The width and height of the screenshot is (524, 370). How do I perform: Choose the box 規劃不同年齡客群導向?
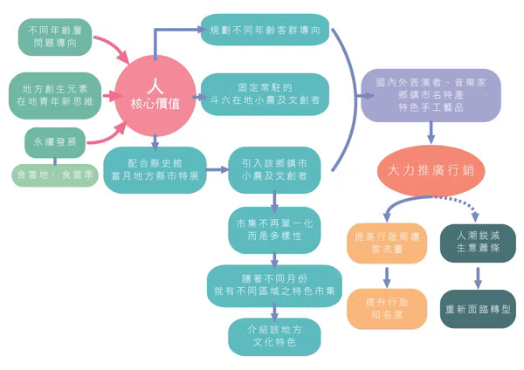tap(265, 29)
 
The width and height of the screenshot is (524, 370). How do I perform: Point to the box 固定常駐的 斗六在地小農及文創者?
tap(265, 94)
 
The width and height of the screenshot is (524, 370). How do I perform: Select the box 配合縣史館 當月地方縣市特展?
tap(155, 169)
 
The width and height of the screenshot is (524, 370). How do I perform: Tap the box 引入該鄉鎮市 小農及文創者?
tap(273, 169)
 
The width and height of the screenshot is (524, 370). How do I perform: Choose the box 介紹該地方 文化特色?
tap(273, 335)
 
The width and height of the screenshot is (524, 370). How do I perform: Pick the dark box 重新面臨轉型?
tap(478, 307)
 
